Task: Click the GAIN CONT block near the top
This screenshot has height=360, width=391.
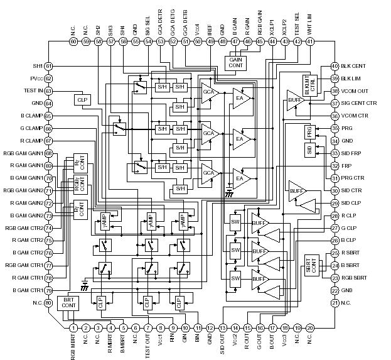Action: (x=235, y=62)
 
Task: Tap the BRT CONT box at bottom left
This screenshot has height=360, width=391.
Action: (x=69, y=303)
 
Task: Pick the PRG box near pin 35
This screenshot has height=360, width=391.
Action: (x=310, y=131)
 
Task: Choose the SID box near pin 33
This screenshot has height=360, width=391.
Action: (x=310, y=150)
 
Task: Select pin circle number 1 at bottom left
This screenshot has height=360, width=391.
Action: (x=73, y=327)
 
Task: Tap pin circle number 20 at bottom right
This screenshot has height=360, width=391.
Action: (x=309, y=327)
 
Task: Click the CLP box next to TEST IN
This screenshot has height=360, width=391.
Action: (x=81, y=100)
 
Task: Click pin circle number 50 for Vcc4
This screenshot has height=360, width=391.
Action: (x=198, y=41)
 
